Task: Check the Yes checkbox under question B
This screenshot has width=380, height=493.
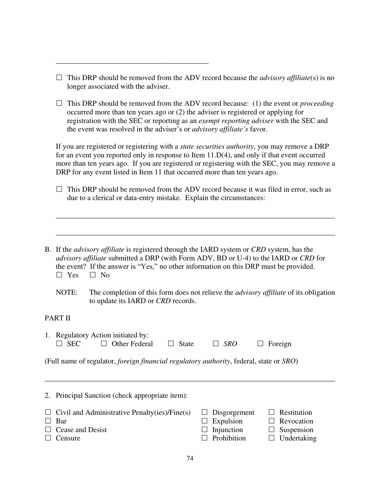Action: (x=59, y=275)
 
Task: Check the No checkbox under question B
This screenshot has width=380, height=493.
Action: (x=93, y=275)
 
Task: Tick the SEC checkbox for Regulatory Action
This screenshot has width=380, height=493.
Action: (x=59, y=343)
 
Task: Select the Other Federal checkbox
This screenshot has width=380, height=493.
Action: (x=104, y=343)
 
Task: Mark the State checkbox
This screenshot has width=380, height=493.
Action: (x=171, y=343)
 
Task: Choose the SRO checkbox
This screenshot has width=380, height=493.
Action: (x=216, y=343)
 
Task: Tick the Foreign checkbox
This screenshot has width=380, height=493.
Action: (x=260, y=343)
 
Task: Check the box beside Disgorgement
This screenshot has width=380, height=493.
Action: (x=205, y=412)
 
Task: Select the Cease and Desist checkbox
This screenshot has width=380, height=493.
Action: (x=48, y=429)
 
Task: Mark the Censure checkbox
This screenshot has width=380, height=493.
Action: (x=48, y=438)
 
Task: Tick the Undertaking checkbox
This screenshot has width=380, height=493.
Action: (x=272, y=438)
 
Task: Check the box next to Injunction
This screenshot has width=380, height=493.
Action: (x=205, y=429)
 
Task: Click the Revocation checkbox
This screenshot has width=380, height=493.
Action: (x=272, y=421)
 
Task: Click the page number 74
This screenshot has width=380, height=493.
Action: (x=190, y=458)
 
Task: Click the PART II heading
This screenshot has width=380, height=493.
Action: (x=57, y=318)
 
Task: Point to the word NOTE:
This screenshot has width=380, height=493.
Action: (x=66, y=293)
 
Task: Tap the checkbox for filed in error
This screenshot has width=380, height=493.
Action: (x=59, y=189)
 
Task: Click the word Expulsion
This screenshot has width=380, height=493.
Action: (x=227, y=421)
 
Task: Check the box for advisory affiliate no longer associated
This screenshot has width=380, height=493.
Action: (x=59, y=77)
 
